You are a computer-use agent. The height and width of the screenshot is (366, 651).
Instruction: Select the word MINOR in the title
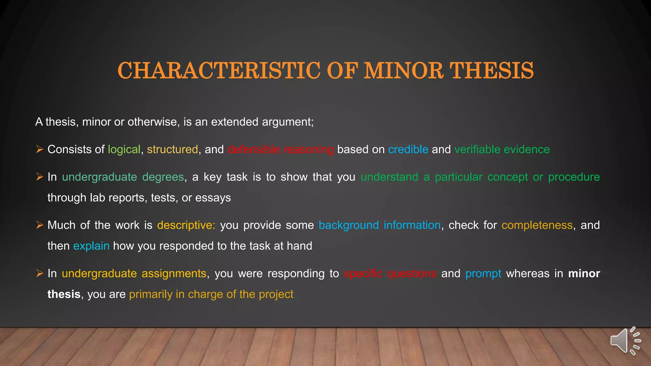point(403,71)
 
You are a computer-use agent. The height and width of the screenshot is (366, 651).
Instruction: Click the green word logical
point(124,149)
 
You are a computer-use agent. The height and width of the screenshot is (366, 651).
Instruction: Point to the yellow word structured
point(172,149)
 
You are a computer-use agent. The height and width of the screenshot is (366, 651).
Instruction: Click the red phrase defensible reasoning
point(280,149)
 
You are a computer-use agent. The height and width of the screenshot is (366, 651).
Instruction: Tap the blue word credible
point(408,149)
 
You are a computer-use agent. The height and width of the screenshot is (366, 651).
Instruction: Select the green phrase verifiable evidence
point(502,149)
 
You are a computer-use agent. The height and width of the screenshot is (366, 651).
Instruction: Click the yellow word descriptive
point(186,225)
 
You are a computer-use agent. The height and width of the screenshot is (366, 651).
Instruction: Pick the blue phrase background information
point(379,225)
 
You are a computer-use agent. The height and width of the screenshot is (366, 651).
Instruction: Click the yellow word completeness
point(537,225)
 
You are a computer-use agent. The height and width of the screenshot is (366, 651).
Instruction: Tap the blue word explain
point(91,246)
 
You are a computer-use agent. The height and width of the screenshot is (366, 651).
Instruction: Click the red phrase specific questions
point(390,274)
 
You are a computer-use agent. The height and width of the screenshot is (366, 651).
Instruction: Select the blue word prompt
point(483,274)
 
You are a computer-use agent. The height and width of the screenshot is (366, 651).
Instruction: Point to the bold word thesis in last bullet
point(64,294)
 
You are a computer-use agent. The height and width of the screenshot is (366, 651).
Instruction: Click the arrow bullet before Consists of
point(39,149)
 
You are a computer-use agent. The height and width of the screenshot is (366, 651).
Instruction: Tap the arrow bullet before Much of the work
point(39,225)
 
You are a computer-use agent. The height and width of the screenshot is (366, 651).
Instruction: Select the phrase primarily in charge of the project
point(211,294)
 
